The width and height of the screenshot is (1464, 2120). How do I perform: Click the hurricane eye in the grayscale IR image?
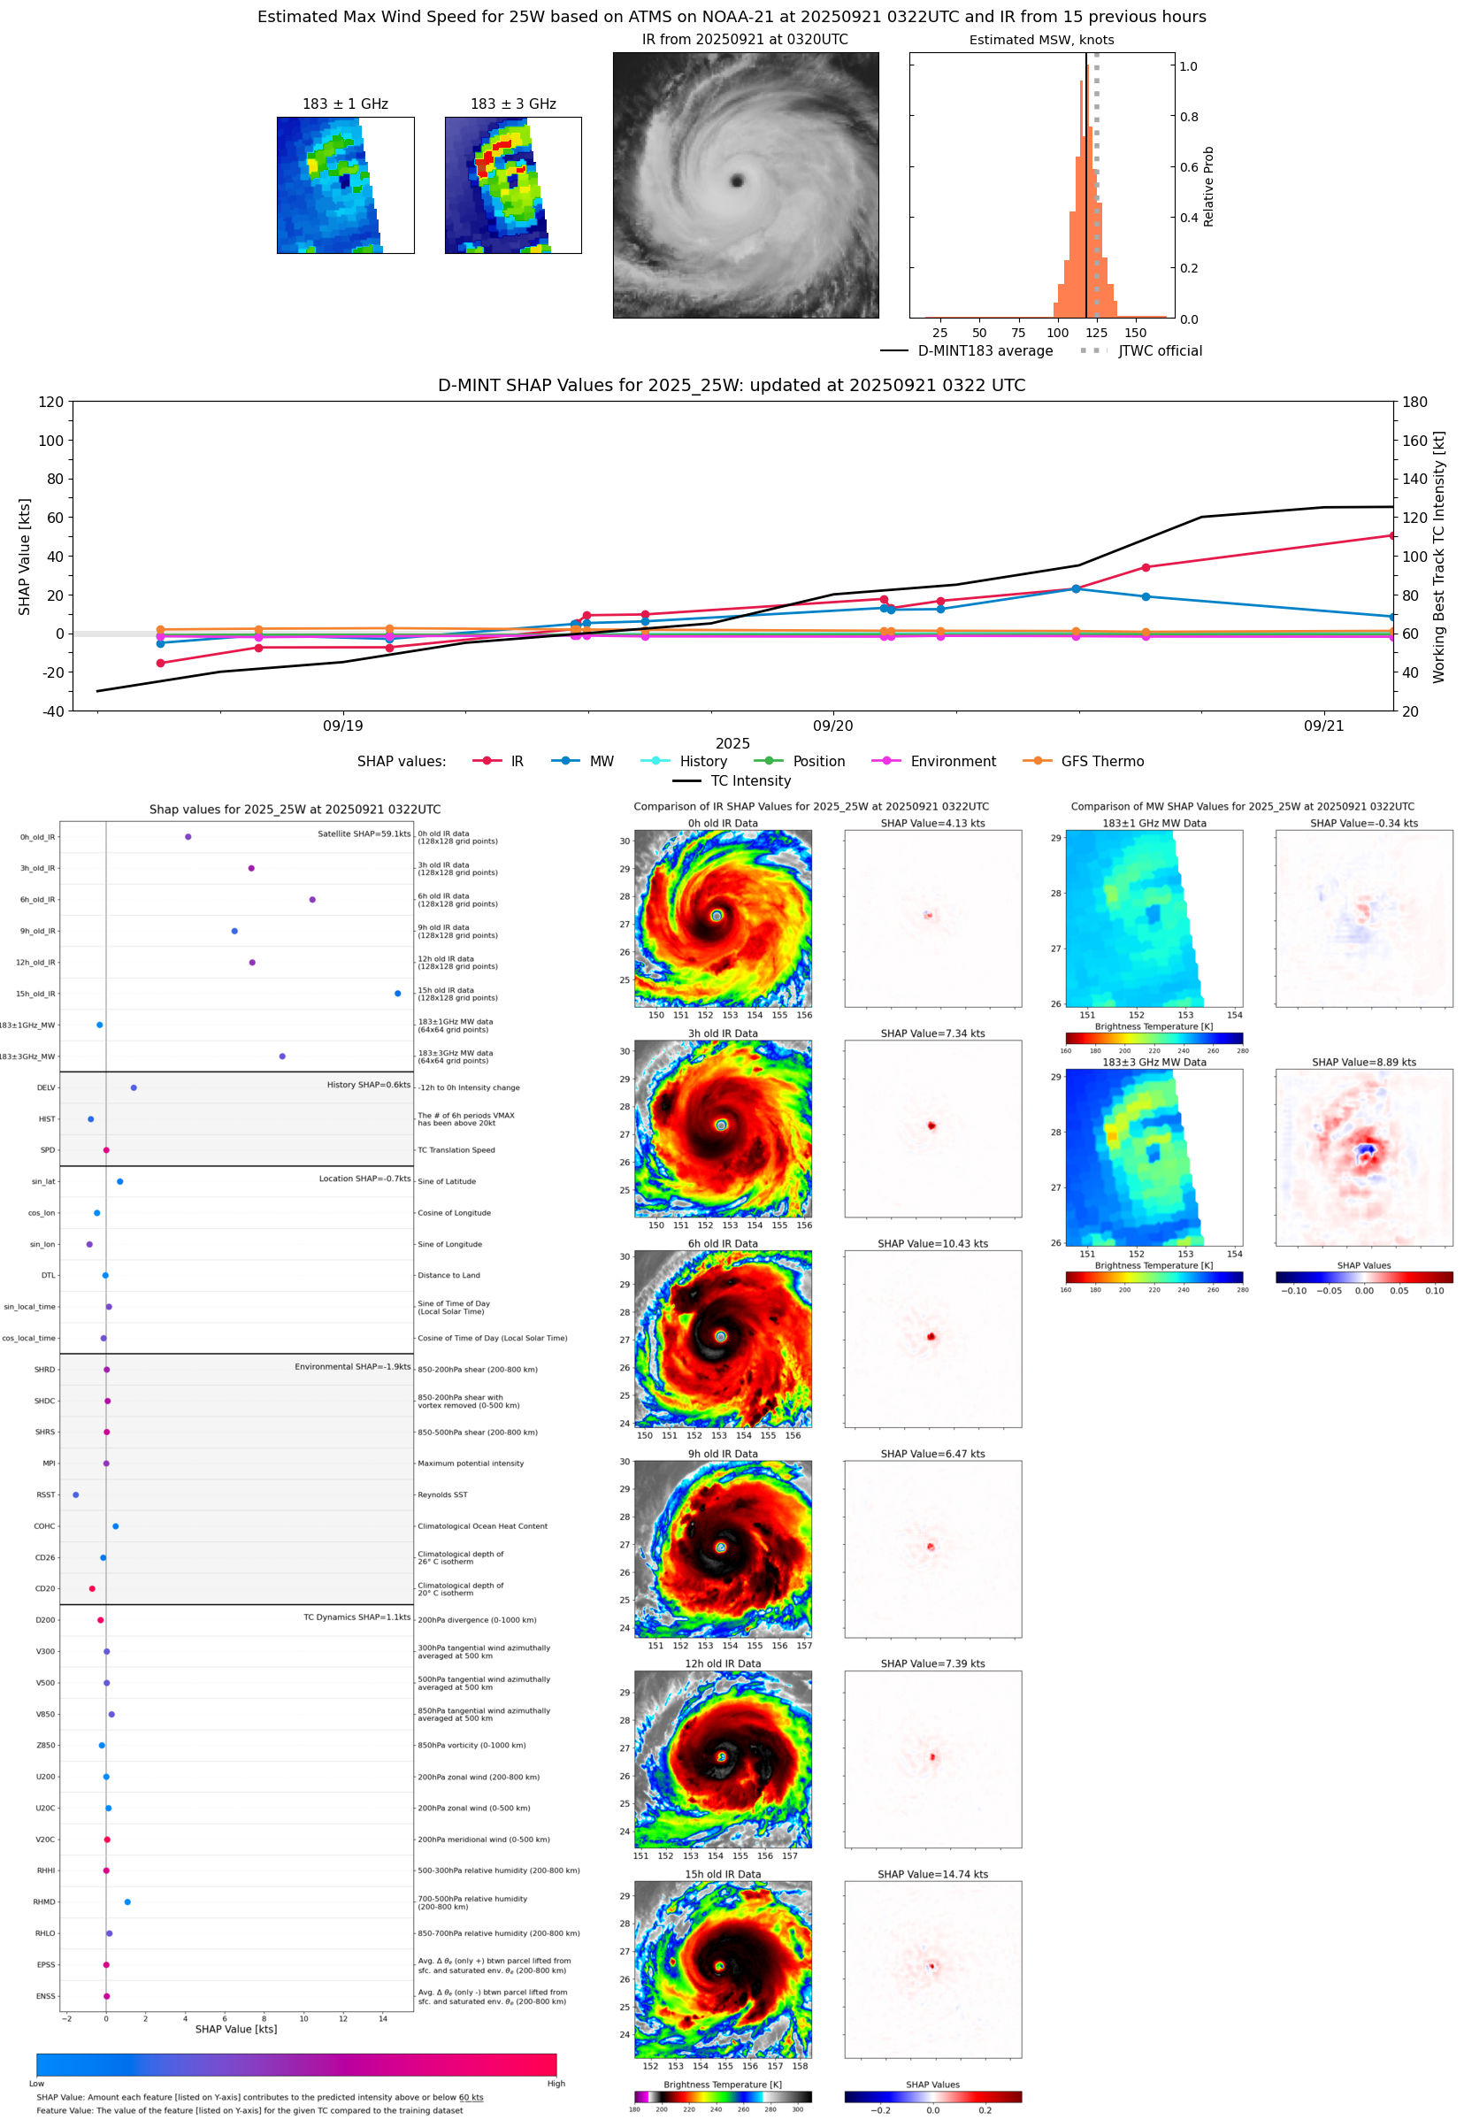(737, 181)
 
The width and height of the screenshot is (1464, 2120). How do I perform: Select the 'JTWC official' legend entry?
(1160, 350)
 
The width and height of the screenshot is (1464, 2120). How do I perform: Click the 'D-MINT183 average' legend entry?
(985, 350)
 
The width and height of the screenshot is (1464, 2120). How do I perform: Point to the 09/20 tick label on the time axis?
(832, 726)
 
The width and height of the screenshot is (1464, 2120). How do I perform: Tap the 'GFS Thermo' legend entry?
(1101, 762)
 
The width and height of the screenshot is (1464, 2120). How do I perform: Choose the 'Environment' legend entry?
(952, 762)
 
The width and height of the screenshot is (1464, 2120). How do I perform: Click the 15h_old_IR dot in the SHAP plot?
(397, 994)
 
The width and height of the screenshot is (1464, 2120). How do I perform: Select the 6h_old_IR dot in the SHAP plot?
(313, 900)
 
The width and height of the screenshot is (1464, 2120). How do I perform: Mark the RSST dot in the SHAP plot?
(76, 1494)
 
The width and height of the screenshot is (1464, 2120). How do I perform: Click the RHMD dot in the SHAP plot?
(127, 1901)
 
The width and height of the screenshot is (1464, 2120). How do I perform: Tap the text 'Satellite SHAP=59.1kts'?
(364, 833)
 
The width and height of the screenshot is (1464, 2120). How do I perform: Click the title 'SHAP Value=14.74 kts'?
(932, 1874)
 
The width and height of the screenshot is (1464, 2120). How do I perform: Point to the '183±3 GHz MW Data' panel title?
(1154, 1063)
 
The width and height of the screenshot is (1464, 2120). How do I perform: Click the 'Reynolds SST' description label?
(442, 1494)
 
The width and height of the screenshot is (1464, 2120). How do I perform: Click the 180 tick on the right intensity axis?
(1414, 402)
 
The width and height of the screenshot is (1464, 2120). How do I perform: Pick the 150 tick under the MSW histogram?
(1135, 333)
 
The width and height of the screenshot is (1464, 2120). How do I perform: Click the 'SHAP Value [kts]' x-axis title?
(236, 2029)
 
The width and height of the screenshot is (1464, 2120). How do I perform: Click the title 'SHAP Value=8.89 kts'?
(1363, 1063)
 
